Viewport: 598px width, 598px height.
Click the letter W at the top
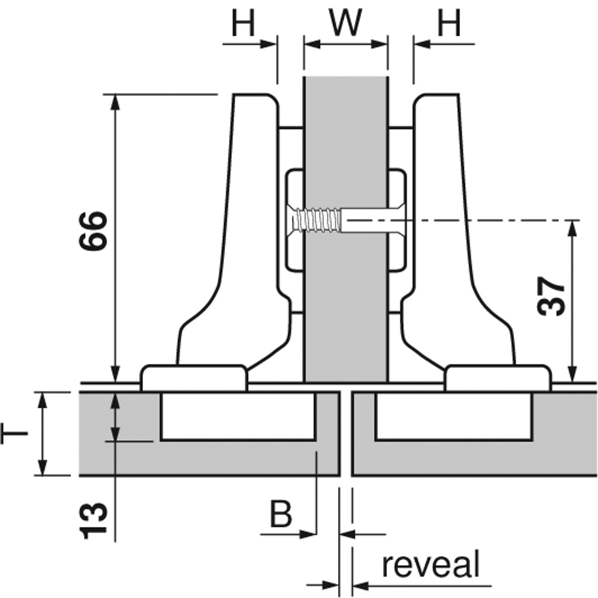[346, 22]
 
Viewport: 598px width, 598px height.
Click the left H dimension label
[243, 22]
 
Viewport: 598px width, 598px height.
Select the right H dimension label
[449, 22]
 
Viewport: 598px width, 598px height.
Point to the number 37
[552, 296]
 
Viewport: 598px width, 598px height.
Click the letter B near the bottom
[281, 514]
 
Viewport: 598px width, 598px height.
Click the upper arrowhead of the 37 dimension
[574, 227]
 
